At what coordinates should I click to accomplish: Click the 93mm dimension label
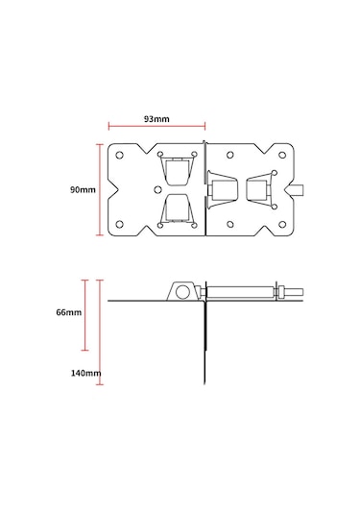tap(156, 119)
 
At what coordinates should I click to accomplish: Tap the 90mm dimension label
tap(83, 189)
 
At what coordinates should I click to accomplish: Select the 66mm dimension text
tap(69, 312)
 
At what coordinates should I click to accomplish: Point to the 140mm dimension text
tap(85, 373)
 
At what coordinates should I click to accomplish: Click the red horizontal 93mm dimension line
tap(156, 126)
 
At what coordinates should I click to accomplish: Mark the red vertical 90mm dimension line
tap(100, 189)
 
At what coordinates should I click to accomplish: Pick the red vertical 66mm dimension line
tap(85, 315)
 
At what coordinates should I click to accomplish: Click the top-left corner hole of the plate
tap(120, 155)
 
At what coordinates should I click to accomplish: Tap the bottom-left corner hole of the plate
tap(120, 225)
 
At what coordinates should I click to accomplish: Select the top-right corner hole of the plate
tap(282, 155)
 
